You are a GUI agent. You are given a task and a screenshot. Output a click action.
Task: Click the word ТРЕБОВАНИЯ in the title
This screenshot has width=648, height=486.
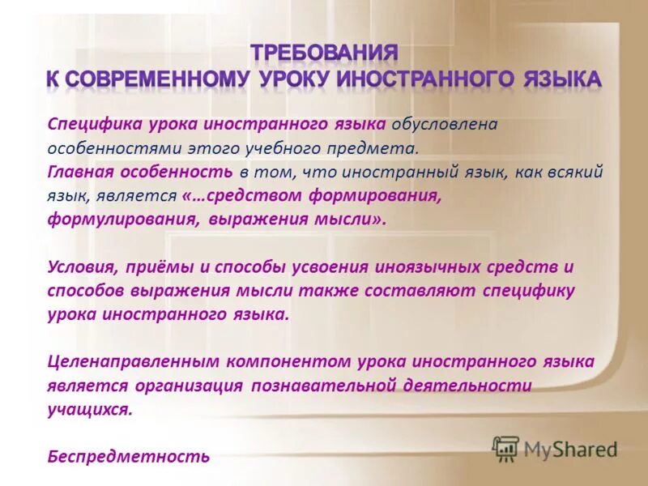pyautogui.click(x=324, y=53)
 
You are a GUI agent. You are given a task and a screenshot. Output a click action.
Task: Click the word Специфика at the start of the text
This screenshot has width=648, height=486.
pyautogui.click(x=93, y=125)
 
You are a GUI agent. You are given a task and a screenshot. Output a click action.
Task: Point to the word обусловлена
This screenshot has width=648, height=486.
pyautogui.click(x=444, y=125)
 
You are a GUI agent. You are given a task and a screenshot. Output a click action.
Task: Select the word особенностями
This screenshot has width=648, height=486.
pyautogui.click(x=100, y=149)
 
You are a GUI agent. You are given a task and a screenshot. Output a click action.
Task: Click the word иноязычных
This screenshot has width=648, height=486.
pyautogui.click(x=428, y=267)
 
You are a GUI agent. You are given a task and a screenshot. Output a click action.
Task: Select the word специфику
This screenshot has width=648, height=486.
pyautogui.click(x=531, y=291)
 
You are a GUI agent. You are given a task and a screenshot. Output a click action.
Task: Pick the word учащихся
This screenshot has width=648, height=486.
pyautogui.click(x=88, y=410)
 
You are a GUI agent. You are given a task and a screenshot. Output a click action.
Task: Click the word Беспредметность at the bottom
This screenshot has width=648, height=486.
pyautogui.click(x=129, y=457)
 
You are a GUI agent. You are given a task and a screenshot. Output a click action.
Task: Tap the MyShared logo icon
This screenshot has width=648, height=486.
pyautogui.click(x=506, y=448)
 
